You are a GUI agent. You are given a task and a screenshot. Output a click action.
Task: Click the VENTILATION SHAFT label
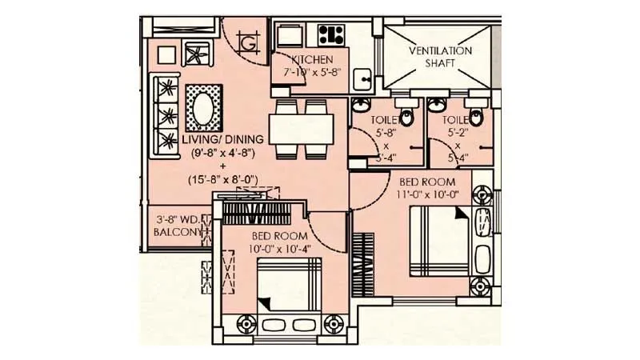pos(441,57)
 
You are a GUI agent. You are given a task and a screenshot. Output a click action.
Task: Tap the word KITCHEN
pos(312,60)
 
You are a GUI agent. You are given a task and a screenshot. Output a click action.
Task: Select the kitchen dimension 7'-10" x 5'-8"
pos(312,73)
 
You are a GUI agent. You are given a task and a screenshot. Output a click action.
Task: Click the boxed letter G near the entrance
pos(248,42)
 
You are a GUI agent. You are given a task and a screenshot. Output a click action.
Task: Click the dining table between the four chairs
pos(302,127)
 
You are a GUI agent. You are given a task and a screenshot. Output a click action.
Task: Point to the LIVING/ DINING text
pos(211,140)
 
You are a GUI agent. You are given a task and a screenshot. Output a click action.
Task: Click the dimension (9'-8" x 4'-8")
pos(211,153)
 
